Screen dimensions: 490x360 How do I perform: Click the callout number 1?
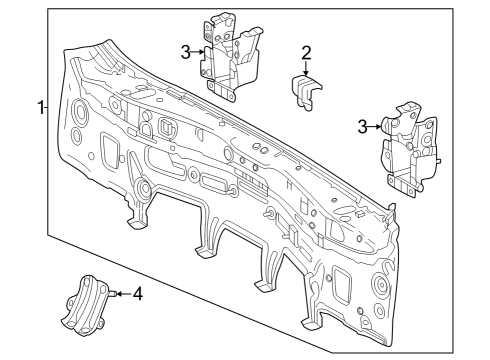(x=41, y=108)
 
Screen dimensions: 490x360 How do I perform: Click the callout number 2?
(x=306, y=53)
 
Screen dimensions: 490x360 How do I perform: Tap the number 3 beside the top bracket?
(x=186, y=52)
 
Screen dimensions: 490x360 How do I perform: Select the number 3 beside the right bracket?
(x=363, y=127)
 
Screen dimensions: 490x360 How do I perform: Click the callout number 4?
(x=138, y=294)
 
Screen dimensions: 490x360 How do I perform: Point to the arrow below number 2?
(x=306, y=69)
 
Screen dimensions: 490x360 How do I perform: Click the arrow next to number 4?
(x=124, y=294)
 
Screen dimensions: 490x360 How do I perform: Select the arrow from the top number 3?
(x=198, y=52)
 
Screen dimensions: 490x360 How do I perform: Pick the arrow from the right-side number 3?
(x=375, y=127)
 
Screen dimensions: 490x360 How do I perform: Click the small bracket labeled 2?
(x=306, y=91)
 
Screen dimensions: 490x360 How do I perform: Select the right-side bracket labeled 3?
(x=410, y=150)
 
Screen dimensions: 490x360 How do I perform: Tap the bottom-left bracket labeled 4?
(x=86, y=304)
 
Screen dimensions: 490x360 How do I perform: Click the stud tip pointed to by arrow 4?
(x=113, y=294)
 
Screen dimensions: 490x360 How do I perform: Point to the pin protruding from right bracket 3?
(x=439, y=161)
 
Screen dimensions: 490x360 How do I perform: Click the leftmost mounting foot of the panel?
(x=137, y=223)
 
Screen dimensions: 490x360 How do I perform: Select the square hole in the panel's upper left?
(x=166, y=126)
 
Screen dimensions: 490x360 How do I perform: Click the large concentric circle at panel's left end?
(x=80, y=110)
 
